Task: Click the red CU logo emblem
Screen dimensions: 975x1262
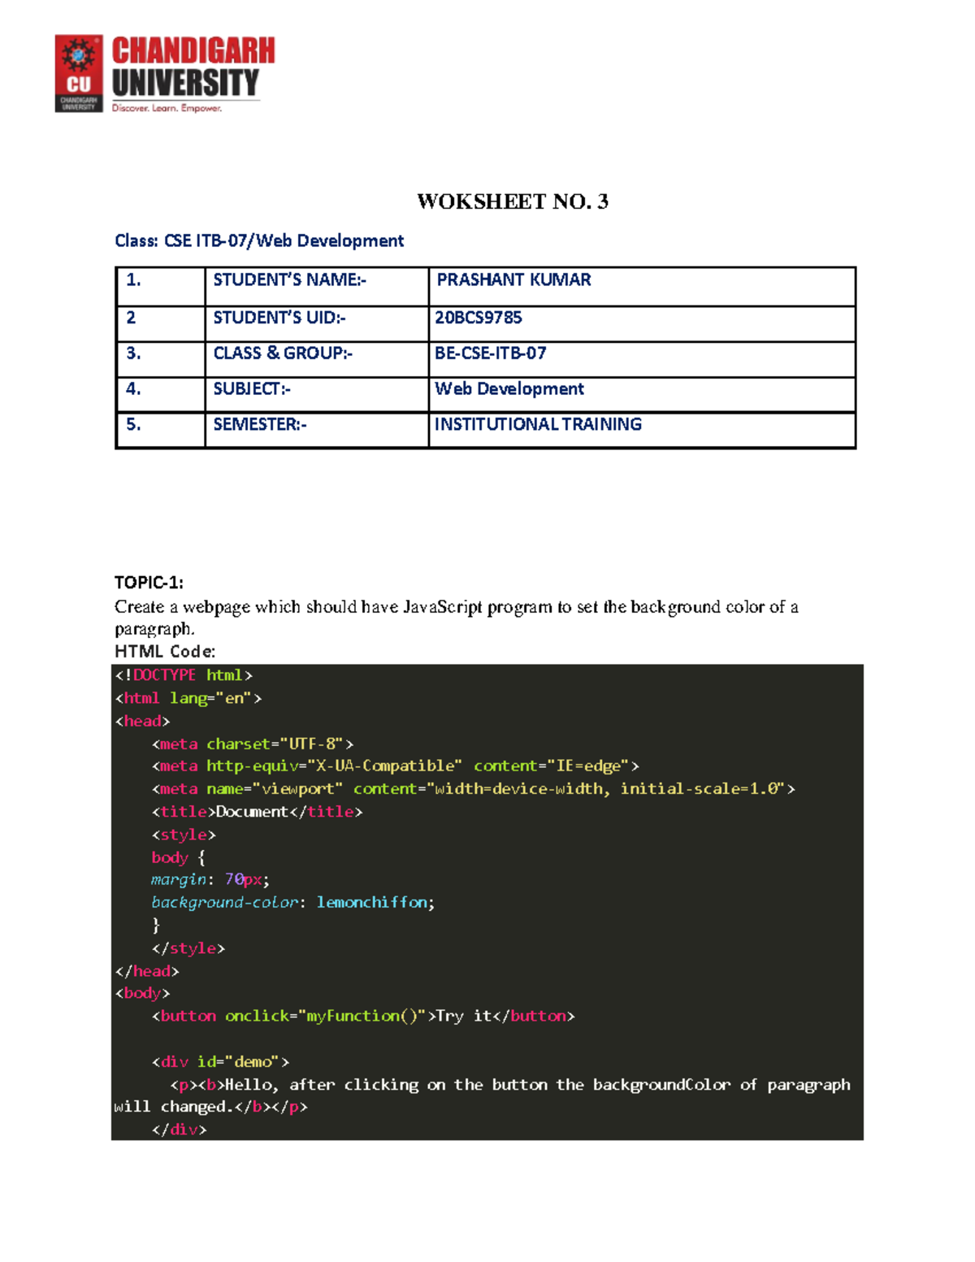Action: click(79, 73)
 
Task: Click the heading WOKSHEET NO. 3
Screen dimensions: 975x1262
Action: click(512, 202)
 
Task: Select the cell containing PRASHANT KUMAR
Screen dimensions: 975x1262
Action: click(513, 280)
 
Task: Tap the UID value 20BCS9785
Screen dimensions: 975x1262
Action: click(479, 318)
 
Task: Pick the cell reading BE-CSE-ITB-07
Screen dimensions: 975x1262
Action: click(490, 353)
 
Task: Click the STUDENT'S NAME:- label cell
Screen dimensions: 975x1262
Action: click(289, 280)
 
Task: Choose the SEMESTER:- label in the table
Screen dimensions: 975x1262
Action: click(259, 424)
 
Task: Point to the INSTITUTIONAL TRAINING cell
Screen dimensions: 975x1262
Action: click(538, 424)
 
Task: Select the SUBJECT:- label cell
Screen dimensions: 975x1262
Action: click(251, 389)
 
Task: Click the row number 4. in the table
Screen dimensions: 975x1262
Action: click(133, 389)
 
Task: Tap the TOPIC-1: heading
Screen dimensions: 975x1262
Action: click(149, 583)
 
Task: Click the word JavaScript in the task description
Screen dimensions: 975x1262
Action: click(443, 607)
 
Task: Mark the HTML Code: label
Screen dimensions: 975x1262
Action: click(165, 652)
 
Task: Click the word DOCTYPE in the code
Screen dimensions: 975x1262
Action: click(164, 675)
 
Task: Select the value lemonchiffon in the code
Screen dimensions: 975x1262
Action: click(371, 903)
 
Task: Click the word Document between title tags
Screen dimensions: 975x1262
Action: click(252, 812)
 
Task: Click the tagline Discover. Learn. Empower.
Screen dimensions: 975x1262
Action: click(167, 108)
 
